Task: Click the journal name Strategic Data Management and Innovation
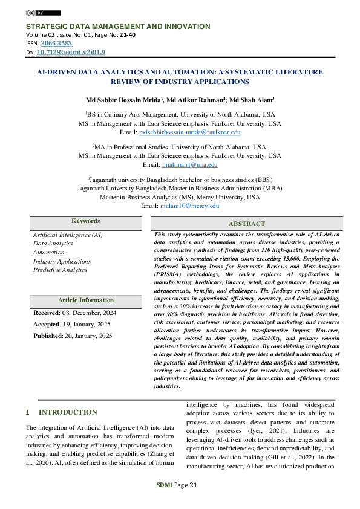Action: (x=118, y=27)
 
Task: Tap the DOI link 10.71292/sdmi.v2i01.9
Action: (x=71, y=53)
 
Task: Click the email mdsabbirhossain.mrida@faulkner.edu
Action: (x=189, y=132)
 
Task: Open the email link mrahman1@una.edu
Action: (x=189, y=164)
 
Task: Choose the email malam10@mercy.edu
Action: (x=189, y=206)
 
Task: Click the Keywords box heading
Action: (x=85, y=221)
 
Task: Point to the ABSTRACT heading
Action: (x=246, y=224)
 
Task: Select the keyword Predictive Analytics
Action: (x=60, y=270)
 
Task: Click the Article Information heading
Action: (x=85, y=300)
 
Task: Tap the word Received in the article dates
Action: (x=45, y=313)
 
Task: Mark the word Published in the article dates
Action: (x=47, y=336)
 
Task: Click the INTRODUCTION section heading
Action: (x=67, y=412)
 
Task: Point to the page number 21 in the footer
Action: (x=194, y=485)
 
